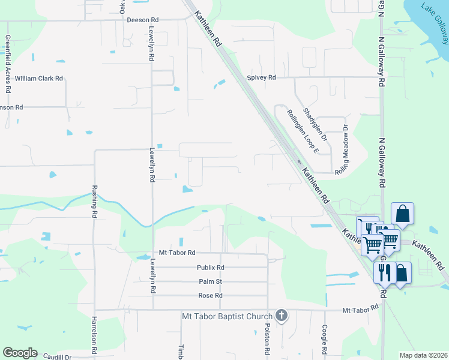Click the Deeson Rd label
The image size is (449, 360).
pyautogui.click(x=142, y=20)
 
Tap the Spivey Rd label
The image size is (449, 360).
pyautogui.click(x=261, y=77)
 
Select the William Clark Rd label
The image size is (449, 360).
pyautogui.click(x=39, y=79)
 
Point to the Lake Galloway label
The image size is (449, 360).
pyautogui.click(x=435, y=24)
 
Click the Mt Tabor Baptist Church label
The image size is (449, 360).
pyautogui.click(x=227, y=316)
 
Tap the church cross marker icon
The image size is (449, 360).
pyautogui.click(x=282, y=315)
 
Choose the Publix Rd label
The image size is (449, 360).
pyautogui.click(x=210, y=268)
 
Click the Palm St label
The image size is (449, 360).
pyautogui.click(x=210, y=281)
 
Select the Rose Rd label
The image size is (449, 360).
pyautogui.click(x=210, y=296)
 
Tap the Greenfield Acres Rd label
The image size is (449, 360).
pyautogui.click(x=8, y=63)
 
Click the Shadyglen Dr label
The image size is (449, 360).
pyautogui.click(x=315, y=124)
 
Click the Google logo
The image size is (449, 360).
pyautogui.click(x=20, y=353)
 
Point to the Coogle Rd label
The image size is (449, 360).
pyautogui.click(x=324, y=339)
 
